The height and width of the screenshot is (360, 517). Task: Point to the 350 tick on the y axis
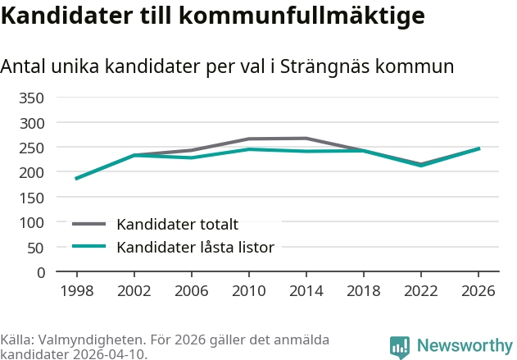tap(33, 98)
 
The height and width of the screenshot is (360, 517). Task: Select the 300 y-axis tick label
tap(33, 123)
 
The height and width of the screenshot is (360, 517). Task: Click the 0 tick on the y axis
tap(40, 272)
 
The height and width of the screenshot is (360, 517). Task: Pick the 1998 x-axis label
tap(76, 290)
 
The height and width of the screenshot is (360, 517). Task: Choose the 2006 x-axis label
tap(191, 290)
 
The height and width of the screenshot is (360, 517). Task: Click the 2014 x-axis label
tap(306, 290)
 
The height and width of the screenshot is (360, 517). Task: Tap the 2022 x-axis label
tap(420, 290)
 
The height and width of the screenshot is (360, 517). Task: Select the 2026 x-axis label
tap(478, 290)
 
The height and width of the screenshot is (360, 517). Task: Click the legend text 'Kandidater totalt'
tap(177, 224)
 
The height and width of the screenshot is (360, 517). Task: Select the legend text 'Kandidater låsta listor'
tap(195, 247)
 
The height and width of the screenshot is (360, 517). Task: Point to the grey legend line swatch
tap(89, 224)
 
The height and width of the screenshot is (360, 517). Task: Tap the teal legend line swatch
tap(89, 246)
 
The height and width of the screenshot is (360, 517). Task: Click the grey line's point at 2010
tap(248, 139)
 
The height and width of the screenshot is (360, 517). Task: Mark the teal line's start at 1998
tap(76, 179)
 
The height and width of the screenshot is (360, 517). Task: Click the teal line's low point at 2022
tap(420, 166)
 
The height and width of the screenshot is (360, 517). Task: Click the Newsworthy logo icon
tap(400, 347)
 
